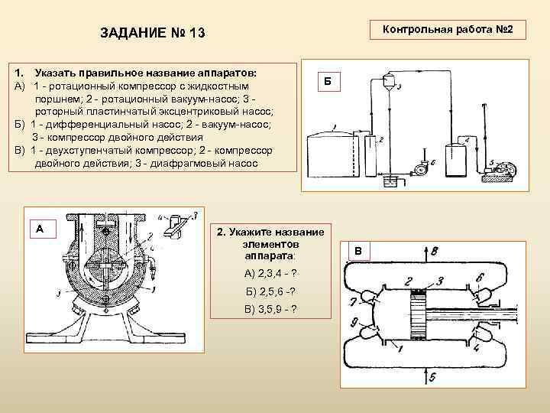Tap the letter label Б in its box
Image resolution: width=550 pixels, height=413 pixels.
328,81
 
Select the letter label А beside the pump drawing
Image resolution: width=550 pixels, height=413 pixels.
40,227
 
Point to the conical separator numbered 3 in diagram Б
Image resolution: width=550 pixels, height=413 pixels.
390,81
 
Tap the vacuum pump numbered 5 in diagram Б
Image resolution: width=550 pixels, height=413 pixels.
503,169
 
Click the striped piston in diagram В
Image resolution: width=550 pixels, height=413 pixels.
417,314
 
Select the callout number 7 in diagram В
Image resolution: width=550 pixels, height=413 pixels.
354,301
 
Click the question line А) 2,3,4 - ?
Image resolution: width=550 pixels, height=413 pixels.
270,273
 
